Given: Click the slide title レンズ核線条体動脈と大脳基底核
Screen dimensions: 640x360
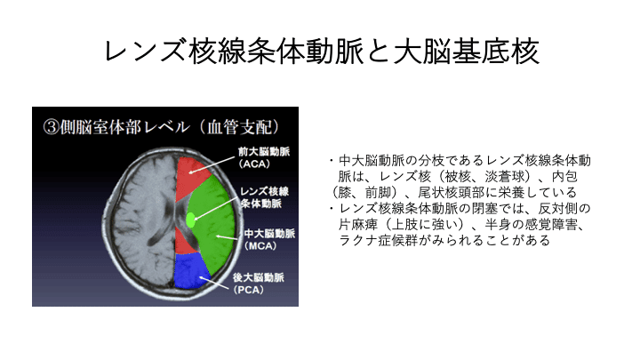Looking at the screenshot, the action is pos(322,52).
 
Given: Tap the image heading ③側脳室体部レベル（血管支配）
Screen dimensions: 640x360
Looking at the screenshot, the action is pos(162,127).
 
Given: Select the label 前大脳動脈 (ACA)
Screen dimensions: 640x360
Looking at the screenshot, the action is pos(264,157).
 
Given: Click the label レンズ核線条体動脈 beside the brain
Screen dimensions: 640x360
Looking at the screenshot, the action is pos(264,197).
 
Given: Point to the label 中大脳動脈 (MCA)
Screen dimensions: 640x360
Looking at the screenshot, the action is pos(269,240).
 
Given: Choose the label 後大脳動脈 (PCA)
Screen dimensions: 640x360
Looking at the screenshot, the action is pos(259,284).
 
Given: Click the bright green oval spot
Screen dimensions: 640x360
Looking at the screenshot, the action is pos(190,220).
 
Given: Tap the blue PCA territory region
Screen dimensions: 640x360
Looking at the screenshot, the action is pos(191,270).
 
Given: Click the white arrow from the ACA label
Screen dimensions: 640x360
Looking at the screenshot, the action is pos(212,164).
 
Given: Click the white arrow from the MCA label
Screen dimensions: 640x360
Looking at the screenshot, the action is pos(227,236).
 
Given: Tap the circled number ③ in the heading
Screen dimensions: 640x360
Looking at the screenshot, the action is pos(51,127).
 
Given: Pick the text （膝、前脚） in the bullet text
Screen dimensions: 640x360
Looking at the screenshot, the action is pos(365,192).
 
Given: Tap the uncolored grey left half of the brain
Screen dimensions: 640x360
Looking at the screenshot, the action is pos(139,220).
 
